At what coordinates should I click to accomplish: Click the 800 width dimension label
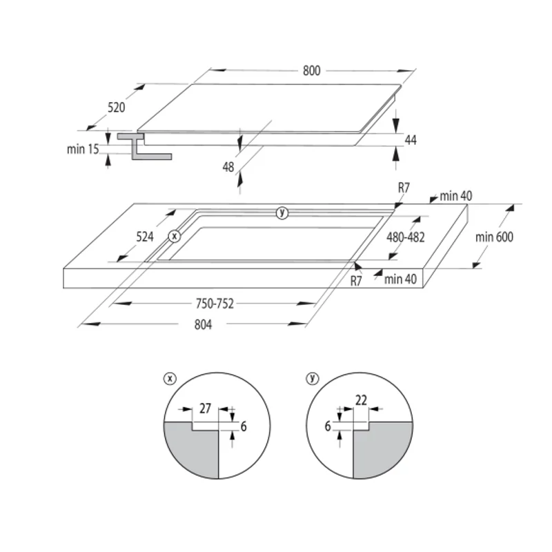312,71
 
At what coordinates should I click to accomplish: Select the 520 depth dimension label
116,108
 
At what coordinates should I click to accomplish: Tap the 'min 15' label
83,149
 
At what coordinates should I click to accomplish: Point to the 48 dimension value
228,167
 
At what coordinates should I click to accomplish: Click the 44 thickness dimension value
411,140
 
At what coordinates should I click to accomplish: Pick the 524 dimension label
145,237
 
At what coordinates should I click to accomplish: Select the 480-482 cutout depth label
406,237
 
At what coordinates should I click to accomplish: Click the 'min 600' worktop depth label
494,237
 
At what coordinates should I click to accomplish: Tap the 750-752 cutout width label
215,304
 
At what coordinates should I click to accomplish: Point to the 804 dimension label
203,324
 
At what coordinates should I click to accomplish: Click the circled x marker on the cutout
175,236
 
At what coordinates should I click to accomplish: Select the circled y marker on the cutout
282,213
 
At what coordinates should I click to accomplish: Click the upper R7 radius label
404,188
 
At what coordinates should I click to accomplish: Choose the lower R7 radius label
356,281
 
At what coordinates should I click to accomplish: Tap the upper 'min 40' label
456,196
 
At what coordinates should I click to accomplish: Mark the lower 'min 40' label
400,279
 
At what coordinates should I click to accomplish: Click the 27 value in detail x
205,408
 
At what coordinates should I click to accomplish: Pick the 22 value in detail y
361,400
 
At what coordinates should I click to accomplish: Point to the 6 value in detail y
328,426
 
